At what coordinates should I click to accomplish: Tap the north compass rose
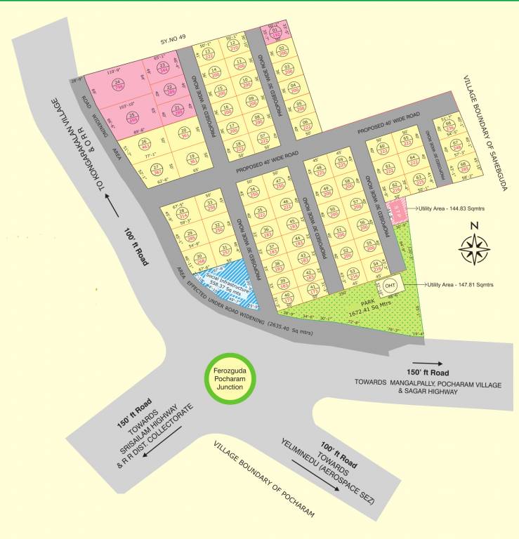click(x=475, y=246)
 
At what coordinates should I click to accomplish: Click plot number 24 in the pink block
click(x=118, y=86)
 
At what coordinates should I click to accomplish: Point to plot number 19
click(x=191, y=159)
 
